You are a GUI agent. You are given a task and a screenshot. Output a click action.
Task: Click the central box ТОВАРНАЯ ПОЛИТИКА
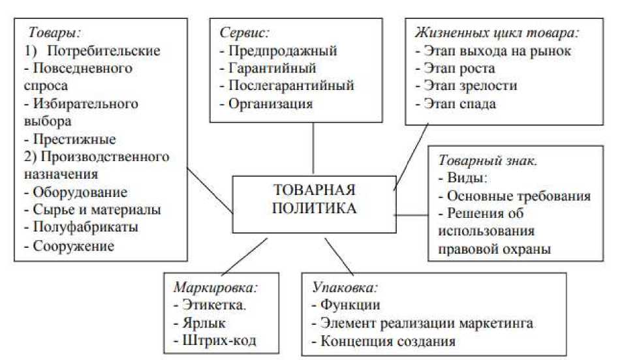[314, 200]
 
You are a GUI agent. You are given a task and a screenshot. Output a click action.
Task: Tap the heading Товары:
[54, 31]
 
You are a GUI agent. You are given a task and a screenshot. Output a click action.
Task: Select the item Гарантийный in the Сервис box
[272, 68]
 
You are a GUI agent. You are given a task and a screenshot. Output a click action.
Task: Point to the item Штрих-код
[217, 340]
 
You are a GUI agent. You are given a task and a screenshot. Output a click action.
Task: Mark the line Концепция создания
[387, 340]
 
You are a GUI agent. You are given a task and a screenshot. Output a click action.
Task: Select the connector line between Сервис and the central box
[314, 149]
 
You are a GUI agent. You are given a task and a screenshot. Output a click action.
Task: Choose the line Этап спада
[461, 104]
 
